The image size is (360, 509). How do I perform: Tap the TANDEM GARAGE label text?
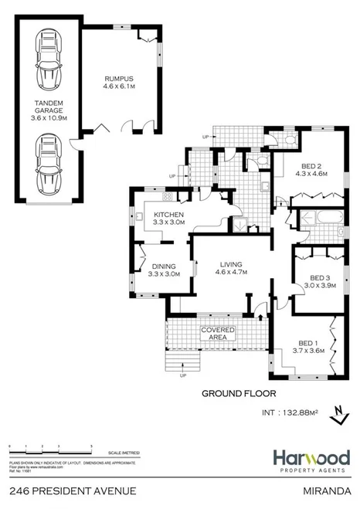click(x=48, y=107)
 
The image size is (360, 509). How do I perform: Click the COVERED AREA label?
click(x=219, y=334)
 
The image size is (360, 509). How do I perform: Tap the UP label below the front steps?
click(x=182, y=376)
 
